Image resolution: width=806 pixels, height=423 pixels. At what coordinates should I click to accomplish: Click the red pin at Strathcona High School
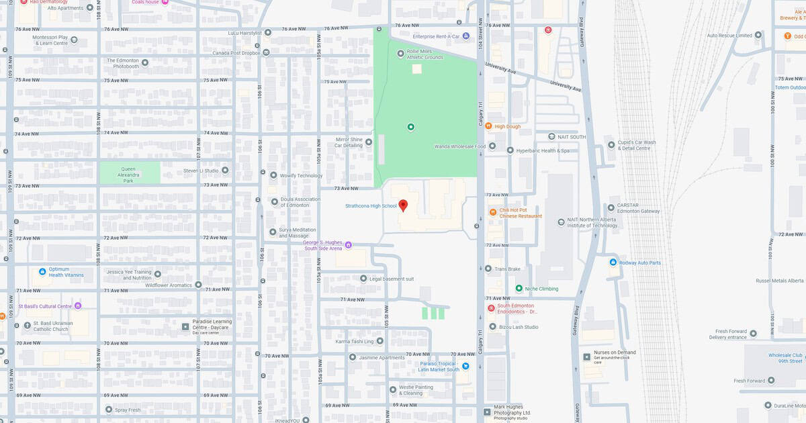403,205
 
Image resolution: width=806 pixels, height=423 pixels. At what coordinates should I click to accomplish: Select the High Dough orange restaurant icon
489,126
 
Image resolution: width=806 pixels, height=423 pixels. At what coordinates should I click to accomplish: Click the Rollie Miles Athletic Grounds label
425,54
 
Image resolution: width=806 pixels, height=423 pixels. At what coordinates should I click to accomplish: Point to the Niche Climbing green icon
519,289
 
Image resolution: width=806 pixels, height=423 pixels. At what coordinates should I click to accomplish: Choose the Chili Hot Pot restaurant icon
492,212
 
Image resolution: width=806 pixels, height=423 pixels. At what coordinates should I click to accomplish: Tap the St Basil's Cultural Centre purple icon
78,306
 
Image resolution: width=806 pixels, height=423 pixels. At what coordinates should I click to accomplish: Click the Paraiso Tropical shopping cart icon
465,366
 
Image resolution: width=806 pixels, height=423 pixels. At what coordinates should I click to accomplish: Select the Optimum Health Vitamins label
66,272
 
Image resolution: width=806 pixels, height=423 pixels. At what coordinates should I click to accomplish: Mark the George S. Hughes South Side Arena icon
348,245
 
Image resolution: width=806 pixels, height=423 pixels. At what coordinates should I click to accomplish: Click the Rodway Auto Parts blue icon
613,263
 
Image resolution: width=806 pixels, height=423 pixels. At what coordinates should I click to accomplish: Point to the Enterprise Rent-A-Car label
436,36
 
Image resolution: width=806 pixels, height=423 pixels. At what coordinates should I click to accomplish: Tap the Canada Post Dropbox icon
267,52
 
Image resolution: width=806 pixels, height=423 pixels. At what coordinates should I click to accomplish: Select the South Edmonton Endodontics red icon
491,308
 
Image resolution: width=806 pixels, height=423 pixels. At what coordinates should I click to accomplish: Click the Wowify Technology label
302,175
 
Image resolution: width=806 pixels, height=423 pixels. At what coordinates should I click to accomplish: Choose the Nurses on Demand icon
587,357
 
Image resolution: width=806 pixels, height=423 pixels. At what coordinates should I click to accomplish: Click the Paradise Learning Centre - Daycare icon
185,326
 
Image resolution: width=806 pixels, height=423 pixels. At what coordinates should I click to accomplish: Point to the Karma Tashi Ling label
355,341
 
